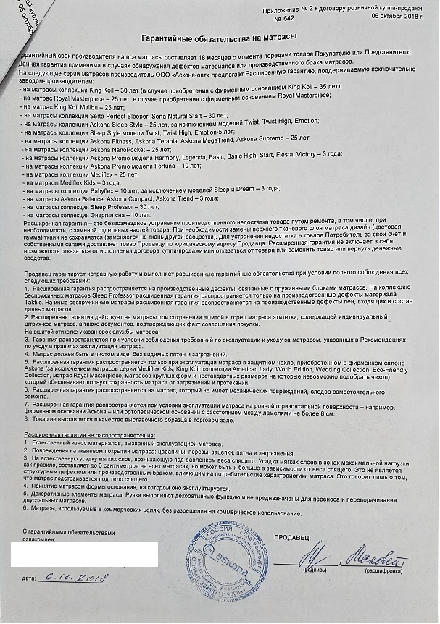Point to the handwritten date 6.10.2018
coord(75,578)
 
